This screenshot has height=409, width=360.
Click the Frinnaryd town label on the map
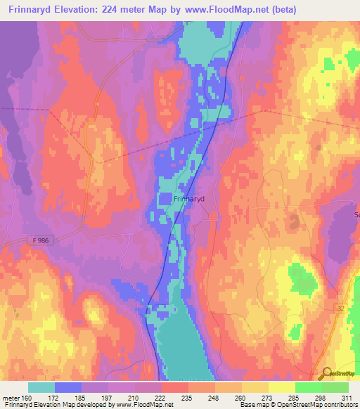click(188, 199)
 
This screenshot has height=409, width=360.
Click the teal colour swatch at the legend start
click(41, 387)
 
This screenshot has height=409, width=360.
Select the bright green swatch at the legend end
click(335, 387)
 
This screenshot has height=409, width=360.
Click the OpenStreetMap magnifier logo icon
click(325, 374)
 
